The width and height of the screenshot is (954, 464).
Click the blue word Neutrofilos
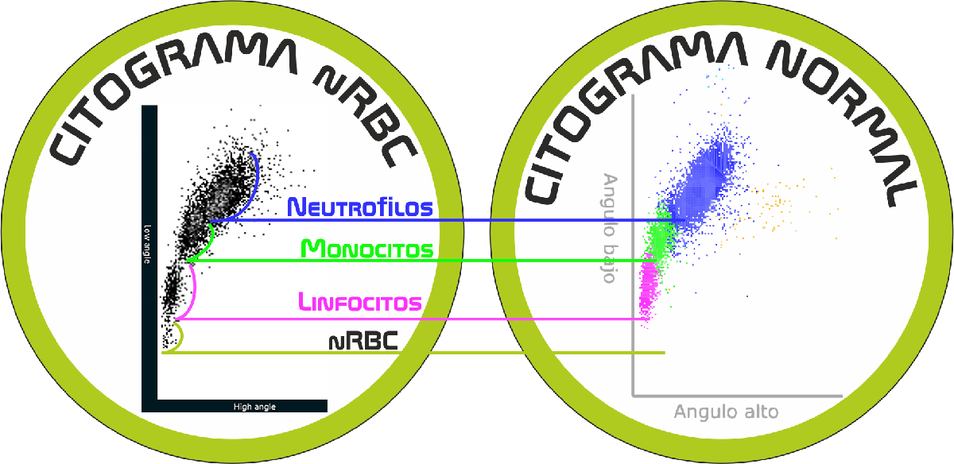tap(360, 207)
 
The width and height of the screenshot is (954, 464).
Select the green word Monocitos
tap(367, 249)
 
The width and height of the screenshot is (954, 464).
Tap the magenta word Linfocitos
tap(360, 301)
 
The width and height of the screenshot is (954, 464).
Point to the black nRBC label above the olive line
tap(363, 341)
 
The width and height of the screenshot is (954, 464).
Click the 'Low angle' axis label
tap(147, 245)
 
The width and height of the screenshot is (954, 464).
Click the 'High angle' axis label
tap(254, 407)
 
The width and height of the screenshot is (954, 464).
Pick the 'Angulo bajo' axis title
tap(610, 228)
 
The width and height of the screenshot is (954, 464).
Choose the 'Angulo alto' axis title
tap(726, 412)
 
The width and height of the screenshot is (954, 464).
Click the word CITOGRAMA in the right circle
tap(630, 106)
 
